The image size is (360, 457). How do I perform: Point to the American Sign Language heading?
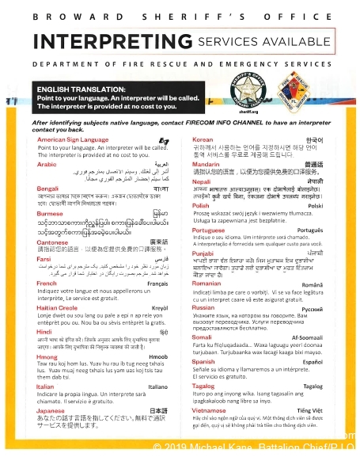(x=74, y=141)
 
